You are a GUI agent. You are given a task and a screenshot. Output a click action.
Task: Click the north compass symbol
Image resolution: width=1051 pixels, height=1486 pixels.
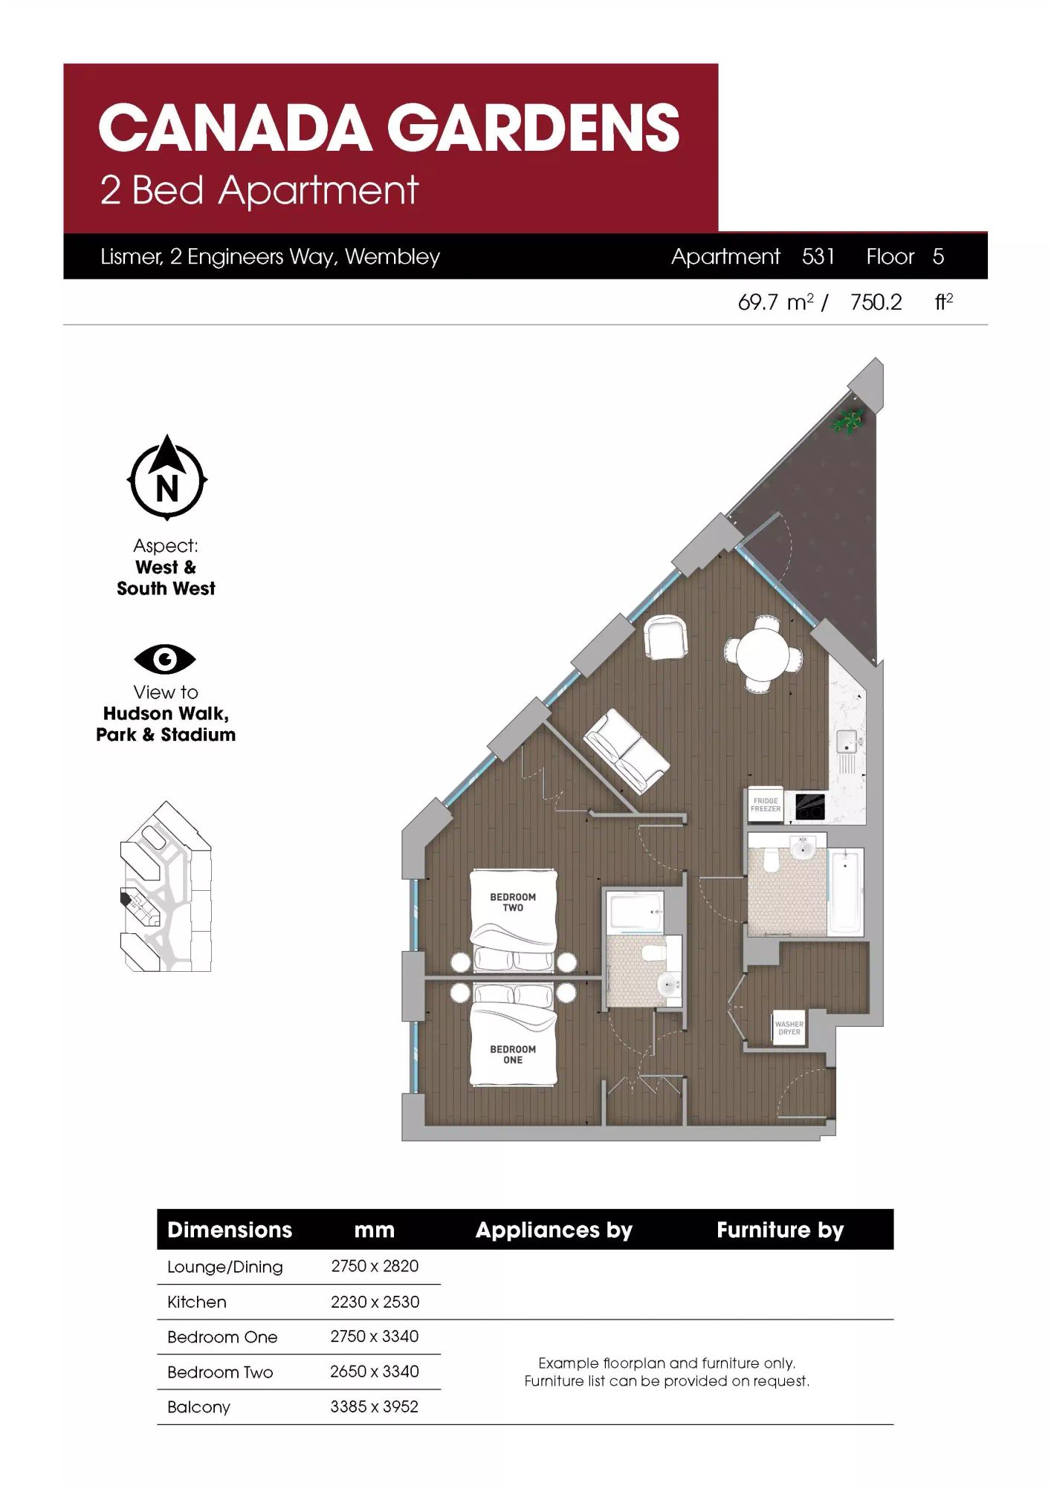click(x=167, y=478)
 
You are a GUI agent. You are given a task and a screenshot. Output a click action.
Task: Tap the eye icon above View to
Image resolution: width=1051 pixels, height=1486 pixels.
click(x=165, y=659)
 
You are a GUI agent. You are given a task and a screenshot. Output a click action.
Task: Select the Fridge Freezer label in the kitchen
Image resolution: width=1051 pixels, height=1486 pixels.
click(x=766, y=805)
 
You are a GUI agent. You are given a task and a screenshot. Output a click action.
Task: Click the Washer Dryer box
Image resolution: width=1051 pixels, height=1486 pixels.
click(x=789, y=1028)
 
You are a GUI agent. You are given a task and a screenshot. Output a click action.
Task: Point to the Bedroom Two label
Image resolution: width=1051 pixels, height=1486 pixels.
click(x=513, y=902)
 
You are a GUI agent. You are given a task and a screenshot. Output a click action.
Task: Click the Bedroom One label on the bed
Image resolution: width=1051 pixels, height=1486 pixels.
click(x=513, y=1054)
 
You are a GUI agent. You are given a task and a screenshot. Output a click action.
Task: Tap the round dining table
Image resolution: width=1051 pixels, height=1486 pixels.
click(x=763, y=654)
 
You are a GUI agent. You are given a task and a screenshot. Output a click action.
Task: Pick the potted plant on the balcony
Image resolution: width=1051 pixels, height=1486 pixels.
click(x=847, y=421)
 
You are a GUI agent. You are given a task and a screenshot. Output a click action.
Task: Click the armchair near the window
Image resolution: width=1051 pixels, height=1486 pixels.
click(x=665, y=637)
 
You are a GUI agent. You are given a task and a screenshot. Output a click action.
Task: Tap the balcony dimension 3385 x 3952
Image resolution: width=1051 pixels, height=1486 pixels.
click(x=375, y=1406)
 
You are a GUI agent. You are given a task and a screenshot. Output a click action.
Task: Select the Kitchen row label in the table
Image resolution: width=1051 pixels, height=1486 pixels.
click(x=197, y=1302)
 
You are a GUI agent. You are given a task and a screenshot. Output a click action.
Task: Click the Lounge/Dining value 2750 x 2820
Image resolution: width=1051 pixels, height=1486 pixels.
click(x=375, y=1266)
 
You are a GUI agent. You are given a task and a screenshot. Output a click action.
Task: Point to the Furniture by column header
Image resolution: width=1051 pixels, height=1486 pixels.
click(x=780, y=1230)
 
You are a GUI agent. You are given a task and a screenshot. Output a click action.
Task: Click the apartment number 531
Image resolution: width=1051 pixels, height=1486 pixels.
click(x=818, y=256)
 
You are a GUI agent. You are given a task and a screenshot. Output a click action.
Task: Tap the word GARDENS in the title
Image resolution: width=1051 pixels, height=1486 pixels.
click(x=533, y=127)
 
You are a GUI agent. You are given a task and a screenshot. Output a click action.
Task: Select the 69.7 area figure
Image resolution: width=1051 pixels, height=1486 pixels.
click(x=758, y=302)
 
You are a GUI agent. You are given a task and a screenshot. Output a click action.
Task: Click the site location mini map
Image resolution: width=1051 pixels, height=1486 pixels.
click(x=166, y=886)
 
